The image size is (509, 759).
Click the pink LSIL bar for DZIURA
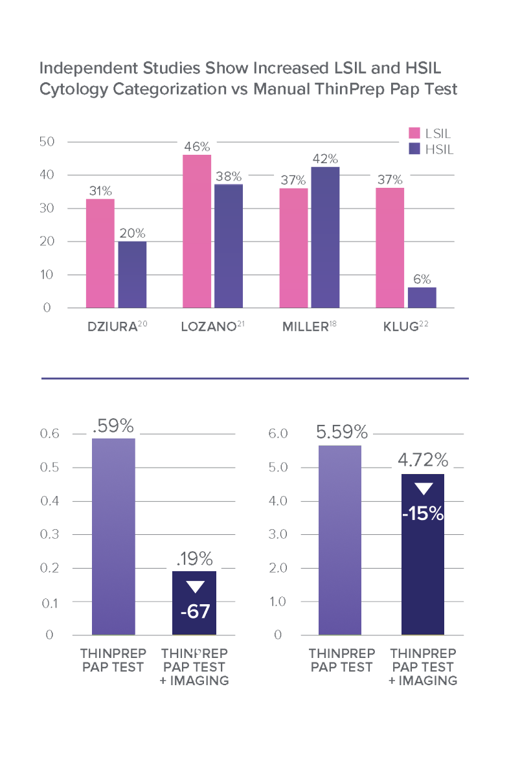coord(100,253)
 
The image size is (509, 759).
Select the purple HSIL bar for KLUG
coord(422,297)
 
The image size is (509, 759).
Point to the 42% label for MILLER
coord(325,159)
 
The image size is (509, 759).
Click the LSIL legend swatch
coord(414,134)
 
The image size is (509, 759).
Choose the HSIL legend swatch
coord(414,150)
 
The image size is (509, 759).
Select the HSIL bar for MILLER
coord(325,237)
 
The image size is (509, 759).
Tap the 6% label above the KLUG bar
coord(422,279)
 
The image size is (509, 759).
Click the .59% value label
coord(113,426)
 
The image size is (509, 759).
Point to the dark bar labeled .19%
coord(194,602)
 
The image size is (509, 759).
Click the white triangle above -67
coord(194,587)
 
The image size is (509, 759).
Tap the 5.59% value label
coord(342,432)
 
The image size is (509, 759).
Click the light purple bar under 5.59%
coord(339,540)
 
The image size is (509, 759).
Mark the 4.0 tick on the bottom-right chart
coord(278,501)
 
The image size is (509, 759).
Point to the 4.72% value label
coord(423,460)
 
